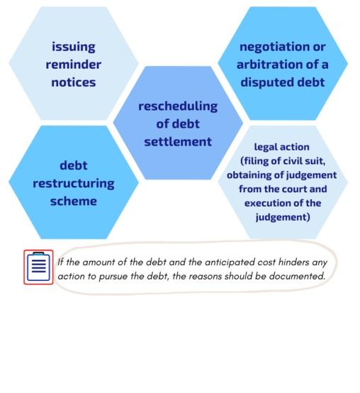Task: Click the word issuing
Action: pyautogui.click(x=74, y=47)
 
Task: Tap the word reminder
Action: pyautogui.click(x=74, y=65)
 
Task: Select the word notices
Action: pyautogui.click(x=74, y=82)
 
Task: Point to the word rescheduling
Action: pyautogui.click(x=178, y=106)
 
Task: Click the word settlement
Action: pyautogui.click(x=178, y=142)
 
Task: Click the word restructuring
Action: pyautogui.click(x=74, y=184)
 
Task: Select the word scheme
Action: pyautogui.click(x=74, y=201)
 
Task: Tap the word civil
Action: pyautogui.click(x=292, y=161)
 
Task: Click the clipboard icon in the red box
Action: pyautogui.click(x=38, y=267)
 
